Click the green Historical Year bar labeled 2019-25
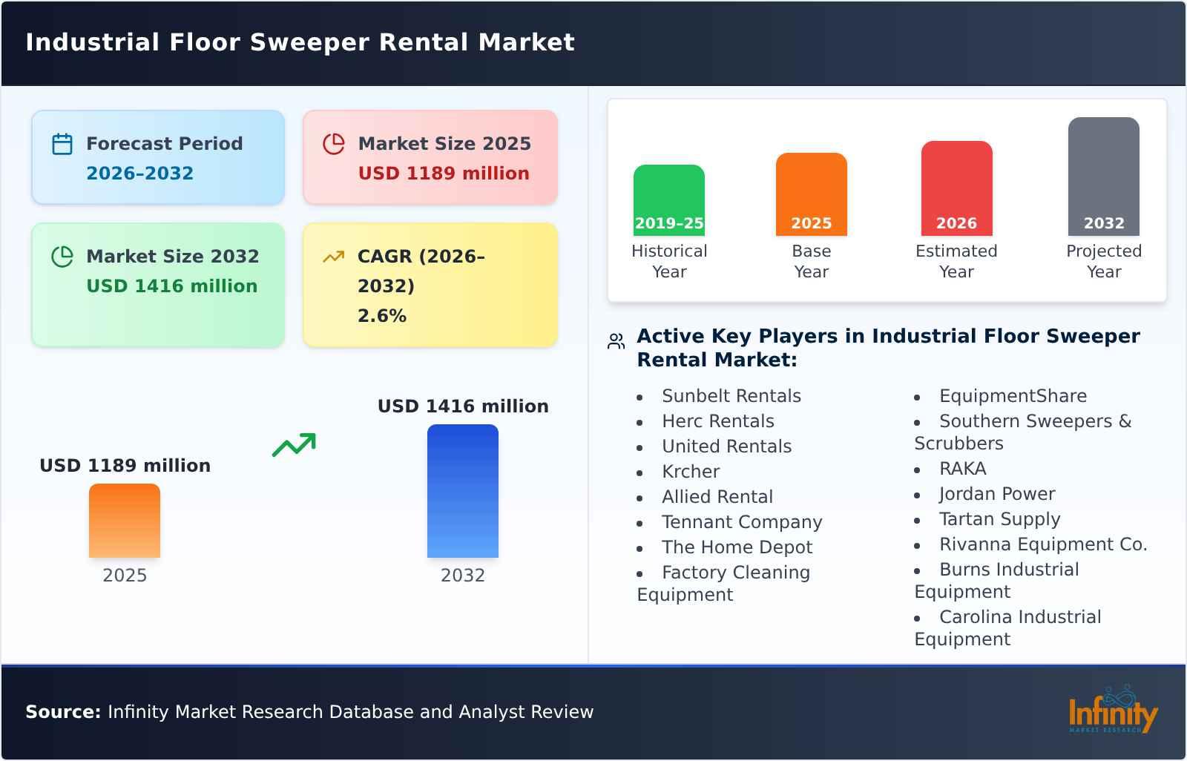(668, 200)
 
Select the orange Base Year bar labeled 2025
(811, 194)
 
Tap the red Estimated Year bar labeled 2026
(956, 188)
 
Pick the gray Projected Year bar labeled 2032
(1103, 176)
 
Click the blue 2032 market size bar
(462, 490)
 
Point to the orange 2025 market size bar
(125, 520)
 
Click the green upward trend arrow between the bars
(294, 445)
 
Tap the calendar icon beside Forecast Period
(62, 144)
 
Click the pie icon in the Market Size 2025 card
(334, 144)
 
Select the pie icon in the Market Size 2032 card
(62, 257)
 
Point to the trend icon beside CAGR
(334, 257)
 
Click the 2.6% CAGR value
(382, 316)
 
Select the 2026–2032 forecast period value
(139, 174)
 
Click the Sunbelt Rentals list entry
(731, 396)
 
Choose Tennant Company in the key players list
(741, 522)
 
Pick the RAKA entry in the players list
(962, 469)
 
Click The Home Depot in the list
(737, 547)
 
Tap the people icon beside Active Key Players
(616, 341)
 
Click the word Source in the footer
(63, 712)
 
